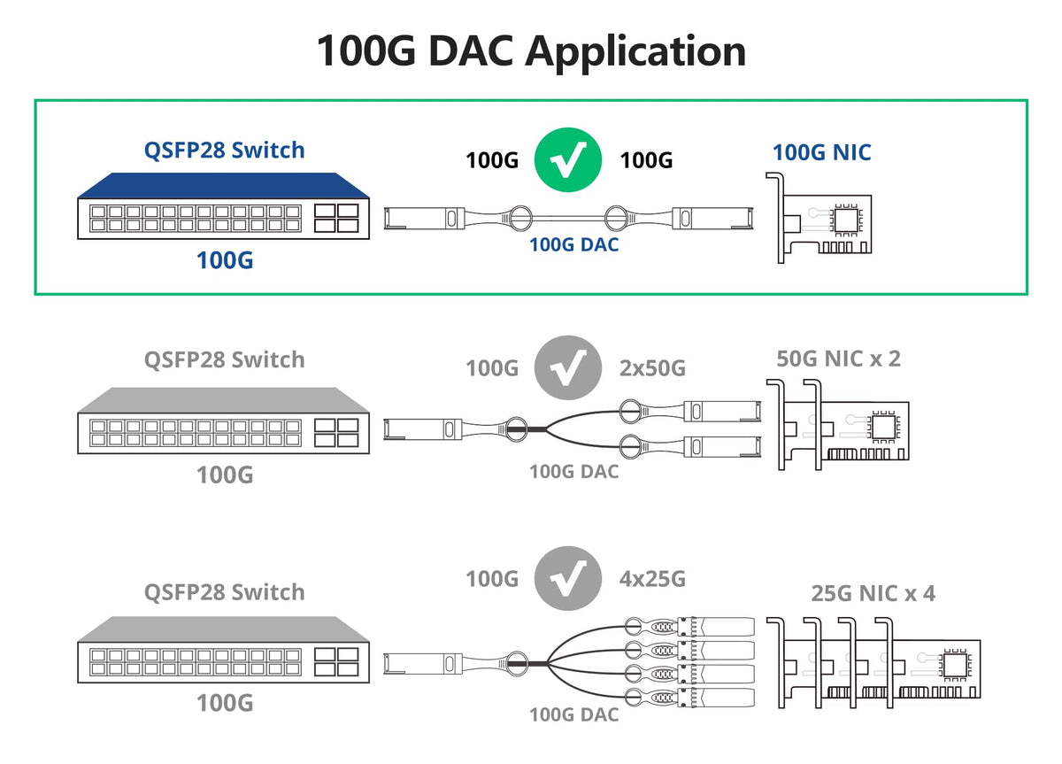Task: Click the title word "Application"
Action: click(x=635, y=51)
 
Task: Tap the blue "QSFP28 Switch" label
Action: click(x=225, y=150)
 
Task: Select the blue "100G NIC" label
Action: click(x=821, y=152)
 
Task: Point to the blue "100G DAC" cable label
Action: click(x=573, y=243)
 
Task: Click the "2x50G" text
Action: click(x=651, y=368)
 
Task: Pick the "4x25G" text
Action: click(x=651, y=579)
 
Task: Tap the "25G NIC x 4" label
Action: click(x=873, y=592)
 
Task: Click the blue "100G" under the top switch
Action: click(x=224, y=260)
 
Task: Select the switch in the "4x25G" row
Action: click(x=223, y=651)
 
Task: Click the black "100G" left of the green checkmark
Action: click(x=492, y=160)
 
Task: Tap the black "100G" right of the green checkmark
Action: click(x=646, y=160)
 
